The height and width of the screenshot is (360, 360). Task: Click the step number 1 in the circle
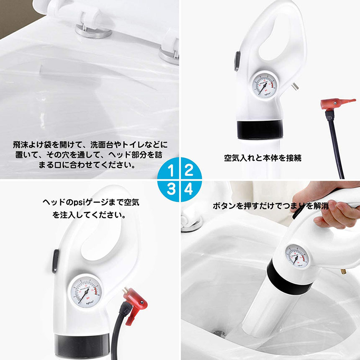coord(171,170)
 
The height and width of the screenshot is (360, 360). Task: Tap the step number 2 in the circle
coord(189,170)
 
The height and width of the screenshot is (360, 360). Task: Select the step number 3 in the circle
coord(171,189)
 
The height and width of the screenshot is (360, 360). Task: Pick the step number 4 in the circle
coord(188,189)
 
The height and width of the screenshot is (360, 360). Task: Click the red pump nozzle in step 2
coord(337,104)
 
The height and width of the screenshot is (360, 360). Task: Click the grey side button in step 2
coord(237,61)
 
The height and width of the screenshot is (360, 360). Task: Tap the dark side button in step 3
coord(55,261)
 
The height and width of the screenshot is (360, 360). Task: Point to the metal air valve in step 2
coord(295,87)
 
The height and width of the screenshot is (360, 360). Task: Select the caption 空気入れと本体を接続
coord(262,158)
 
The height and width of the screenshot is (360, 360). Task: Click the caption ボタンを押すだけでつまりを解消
coord(270,206)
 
